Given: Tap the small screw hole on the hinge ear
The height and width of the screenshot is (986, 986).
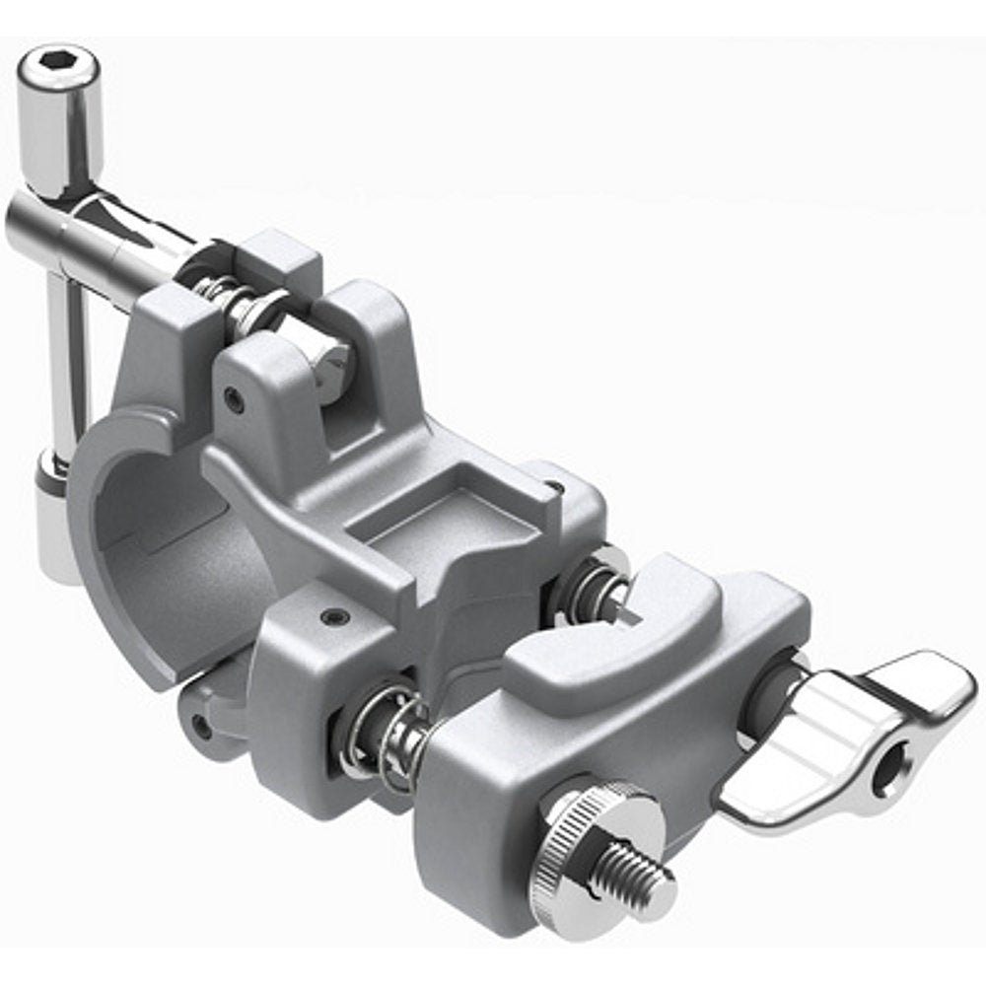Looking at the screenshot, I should pyautogui.click(x=234, y=399).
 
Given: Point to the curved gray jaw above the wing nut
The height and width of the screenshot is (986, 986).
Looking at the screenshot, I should pyautogui.click(x=631, y=631).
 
